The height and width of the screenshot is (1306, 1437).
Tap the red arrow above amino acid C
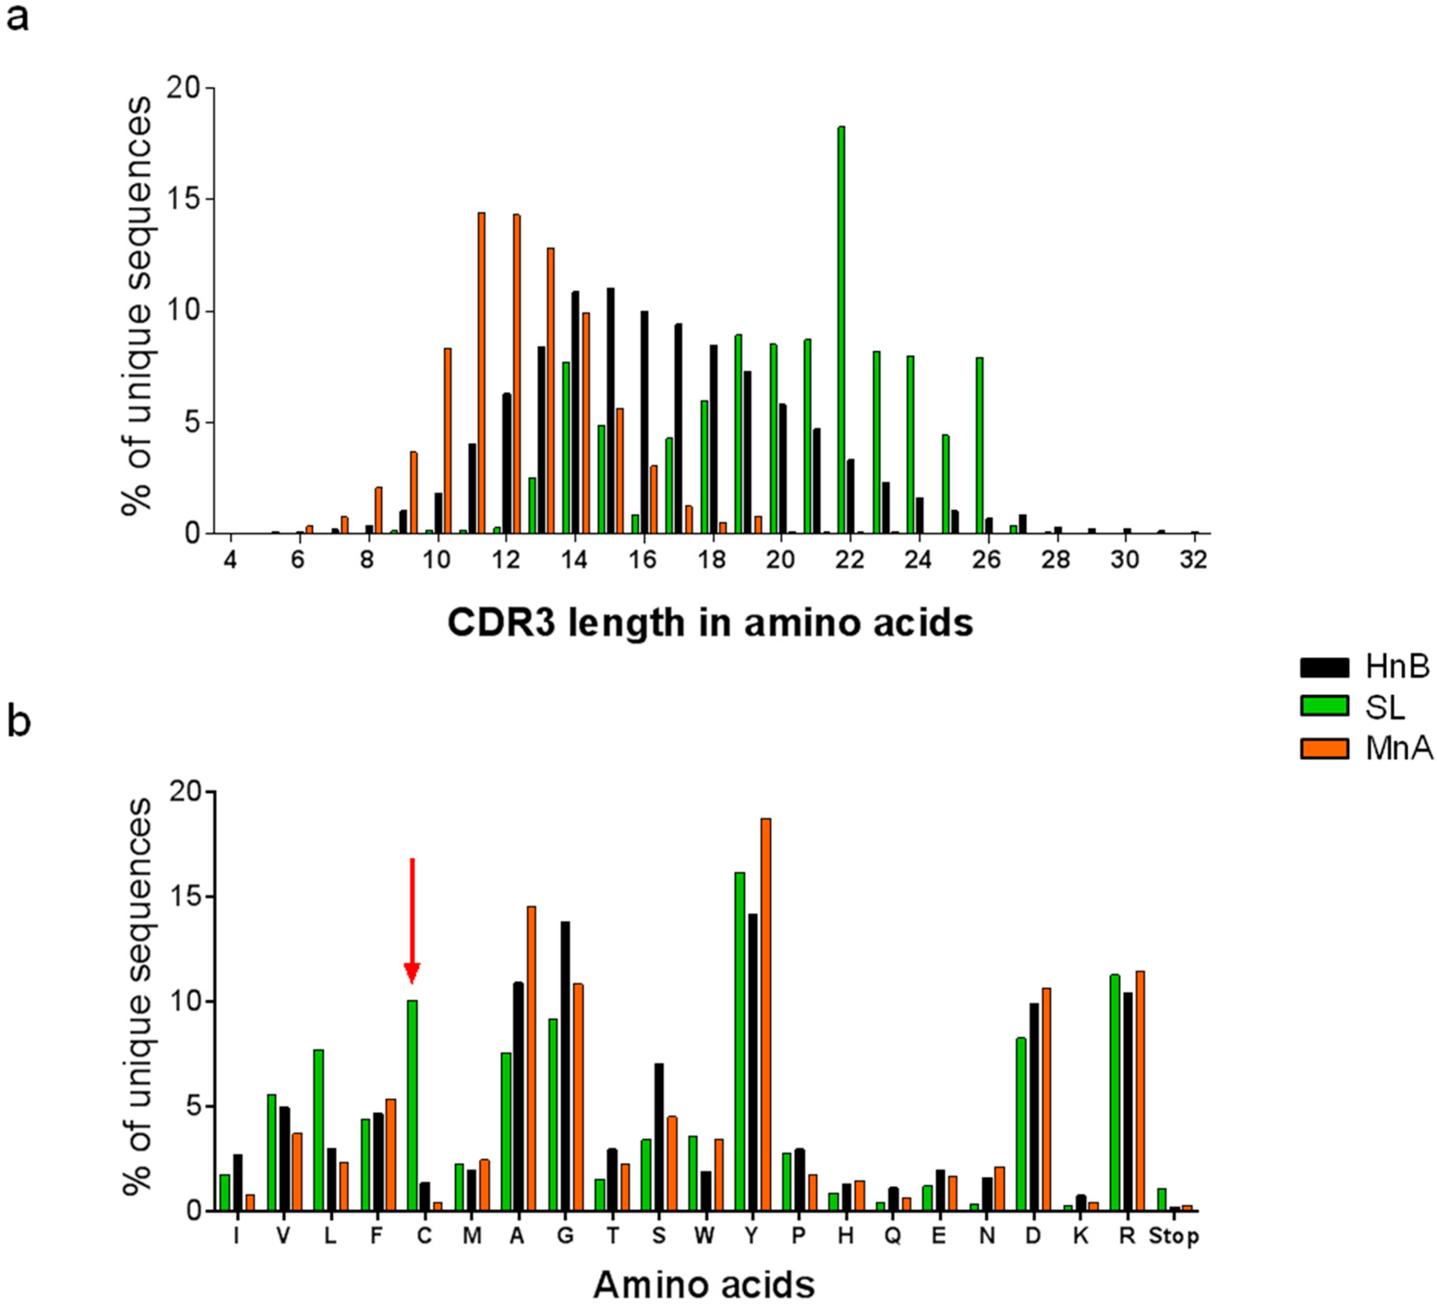[x=412, y=920]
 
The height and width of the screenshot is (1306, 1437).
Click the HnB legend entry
[x=1364, y=667]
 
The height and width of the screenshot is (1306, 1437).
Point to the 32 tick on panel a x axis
[x=1193, y=561]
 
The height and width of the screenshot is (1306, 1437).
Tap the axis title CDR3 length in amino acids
[x=710, y=622]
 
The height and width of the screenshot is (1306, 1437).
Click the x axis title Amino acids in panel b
[x=704, y=1284]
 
